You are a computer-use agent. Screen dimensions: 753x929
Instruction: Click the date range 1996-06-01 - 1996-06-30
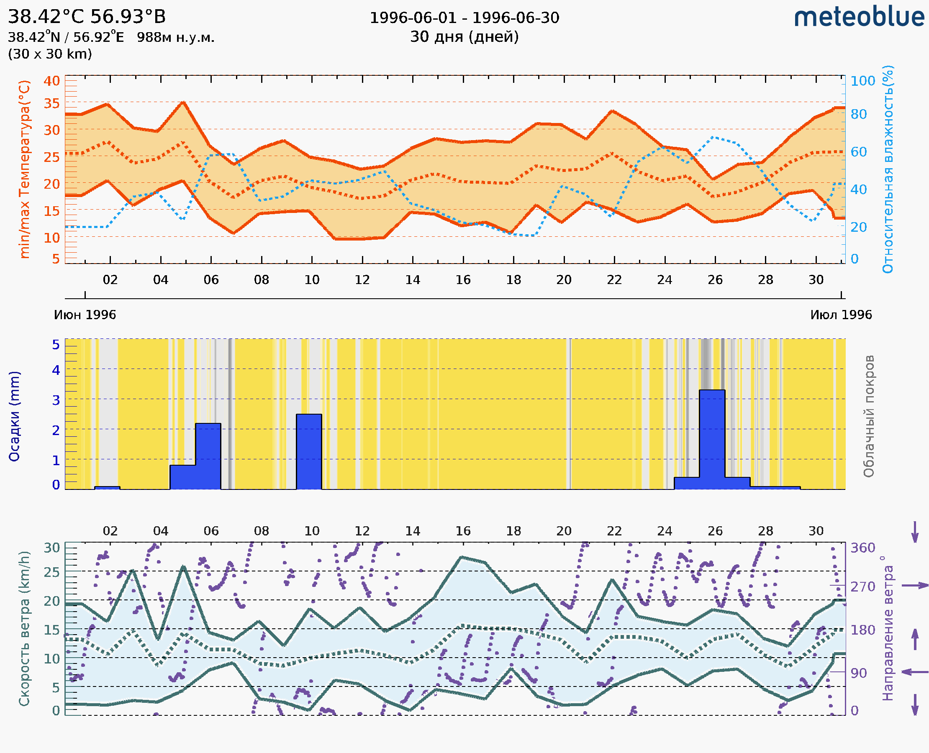[464, 18]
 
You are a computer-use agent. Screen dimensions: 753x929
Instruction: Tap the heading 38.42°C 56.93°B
[87, 17]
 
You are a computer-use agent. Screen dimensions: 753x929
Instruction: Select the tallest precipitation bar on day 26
[712, 439]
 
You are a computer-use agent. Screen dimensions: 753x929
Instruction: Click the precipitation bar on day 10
[309, 451]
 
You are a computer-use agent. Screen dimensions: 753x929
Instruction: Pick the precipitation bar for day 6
[208, 456]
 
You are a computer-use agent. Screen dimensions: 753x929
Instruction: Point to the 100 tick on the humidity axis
[862, 81]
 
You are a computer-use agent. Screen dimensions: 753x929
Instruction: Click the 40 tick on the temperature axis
[51, 81]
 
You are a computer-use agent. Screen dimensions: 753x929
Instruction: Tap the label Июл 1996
[841, 315]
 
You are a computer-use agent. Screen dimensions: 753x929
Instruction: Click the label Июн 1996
[85, 315]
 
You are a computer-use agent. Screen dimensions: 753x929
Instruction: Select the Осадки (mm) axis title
[14, 416]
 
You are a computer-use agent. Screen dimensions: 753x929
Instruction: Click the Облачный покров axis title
[869, 416]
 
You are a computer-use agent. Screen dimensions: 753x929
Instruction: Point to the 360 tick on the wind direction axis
[862, 548]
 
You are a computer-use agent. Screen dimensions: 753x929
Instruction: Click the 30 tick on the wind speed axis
[51, 548]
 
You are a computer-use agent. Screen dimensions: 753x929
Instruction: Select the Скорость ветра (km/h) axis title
[24, 629]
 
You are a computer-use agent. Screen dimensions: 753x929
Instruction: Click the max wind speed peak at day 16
[462, 557]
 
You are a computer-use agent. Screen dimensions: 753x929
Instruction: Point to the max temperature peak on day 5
[184, 102]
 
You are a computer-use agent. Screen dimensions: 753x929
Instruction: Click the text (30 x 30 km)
[50, 54]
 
